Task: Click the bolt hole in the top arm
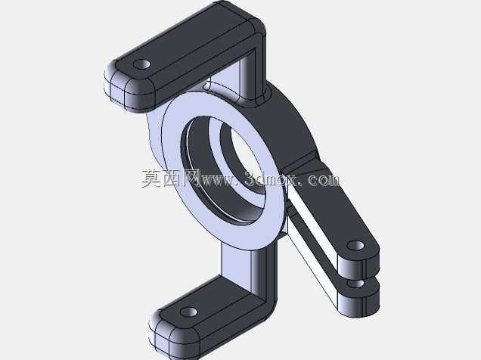[141, 64]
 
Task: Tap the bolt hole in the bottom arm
[188, 312]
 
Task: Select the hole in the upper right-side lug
[355, 245]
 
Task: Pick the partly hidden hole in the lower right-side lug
[356, 284]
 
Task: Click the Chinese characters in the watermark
[170, 178]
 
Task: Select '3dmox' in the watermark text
[271, 179]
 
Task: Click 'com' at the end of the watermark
[324, 180]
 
